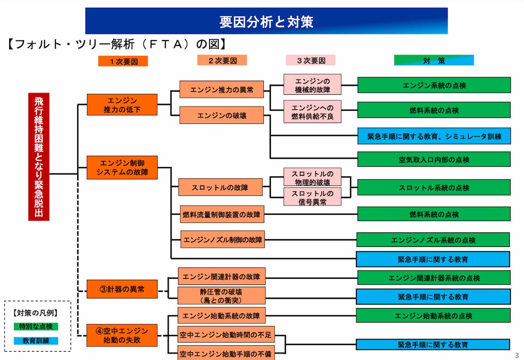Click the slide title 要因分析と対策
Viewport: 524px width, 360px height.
[x=266, y=21]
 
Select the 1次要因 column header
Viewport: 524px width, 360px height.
[x=123, y=62]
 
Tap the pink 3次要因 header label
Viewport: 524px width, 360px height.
[x=310, y=60]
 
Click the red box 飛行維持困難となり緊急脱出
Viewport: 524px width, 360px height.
[x=39, y=156]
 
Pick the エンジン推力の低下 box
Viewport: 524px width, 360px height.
[x=122, y=105]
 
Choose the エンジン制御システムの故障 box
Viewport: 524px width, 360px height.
[x=122, y=167]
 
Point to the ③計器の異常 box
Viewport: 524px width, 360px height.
[x=122, y=289]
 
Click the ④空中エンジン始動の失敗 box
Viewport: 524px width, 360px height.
[x=122, y=335]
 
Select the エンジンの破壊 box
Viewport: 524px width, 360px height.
[x=221, y=115]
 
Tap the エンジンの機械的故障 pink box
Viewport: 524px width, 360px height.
[x=312, y=85]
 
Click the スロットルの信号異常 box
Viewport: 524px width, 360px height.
[x=312, y=197]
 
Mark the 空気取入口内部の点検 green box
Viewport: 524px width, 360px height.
[x=434, y=159]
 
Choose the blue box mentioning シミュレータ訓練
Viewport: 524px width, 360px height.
[x=434, y=136]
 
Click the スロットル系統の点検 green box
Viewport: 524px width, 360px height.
[x=434, y=188]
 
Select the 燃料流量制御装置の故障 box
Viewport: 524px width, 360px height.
[x=221, y=214]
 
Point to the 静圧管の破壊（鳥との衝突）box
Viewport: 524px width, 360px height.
[x=221, y=295]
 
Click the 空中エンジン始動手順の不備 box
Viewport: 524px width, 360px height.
[x=226, y=353]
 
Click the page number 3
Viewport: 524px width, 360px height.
[x=517, y=355]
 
